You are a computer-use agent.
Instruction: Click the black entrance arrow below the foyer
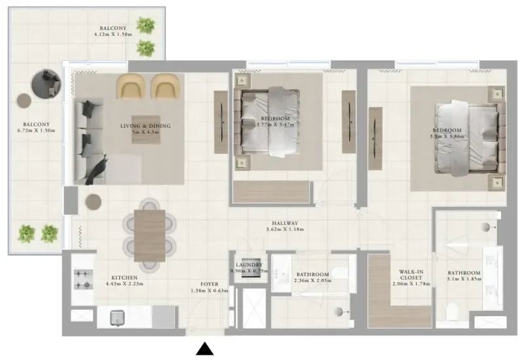205,349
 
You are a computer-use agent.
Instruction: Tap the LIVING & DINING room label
145,125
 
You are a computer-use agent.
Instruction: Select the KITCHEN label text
124,277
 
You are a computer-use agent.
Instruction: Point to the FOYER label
208,284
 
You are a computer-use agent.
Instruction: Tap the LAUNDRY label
246,264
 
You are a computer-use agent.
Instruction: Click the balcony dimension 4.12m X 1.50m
113,35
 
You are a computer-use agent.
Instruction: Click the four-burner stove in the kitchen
83,279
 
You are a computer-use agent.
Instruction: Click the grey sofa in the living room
86,141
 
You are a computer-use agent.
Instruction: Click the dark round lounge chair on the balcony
47,83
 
